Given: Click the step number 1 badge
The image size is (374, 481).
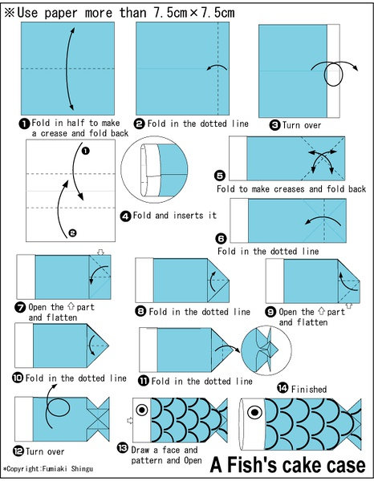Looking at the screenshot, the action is click(23, 123).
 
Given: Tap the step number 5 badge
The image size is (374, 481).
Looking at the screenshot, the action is click(220, 176).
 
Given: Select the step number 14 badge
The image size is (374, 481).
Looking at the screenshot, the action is click(283, 388).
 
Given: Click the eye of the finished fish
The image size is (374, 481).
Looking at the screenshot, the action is click(255, 412).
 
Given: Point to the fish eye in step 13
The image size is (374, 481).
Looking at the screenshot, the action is click(142, 410).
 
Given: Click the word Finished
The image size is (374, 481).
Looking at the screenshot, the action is click(309, 390).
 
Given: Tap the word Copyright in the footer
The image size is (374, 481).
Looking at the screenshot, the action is click(23, 469).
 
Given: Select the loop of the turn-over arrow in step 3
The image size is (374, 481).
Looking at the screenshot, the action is click(333, 75).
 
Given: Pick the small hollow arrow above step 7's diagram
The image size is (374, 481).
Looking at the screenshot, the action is click(100, 253).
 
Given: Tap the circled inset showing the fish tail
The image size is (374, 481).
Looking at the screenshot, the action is click(266, 350).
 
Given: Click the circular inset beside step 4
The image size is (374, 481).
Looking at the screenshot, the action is click(154, 169).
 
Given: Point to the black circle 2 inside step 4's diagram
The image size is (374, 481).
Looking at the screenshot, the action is click(72, 233).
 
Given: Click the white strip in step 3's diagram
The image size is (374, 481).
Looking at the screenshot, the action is click(333, 71).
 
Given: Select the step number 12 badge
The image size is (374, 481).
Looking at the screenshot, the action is click(18, 451).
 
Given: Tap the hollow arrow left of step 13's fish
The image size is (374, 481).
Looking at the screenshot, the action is click(130, 420).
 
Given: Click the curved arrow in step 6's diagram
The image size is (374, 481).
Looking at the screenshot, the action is click(323, 219).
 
